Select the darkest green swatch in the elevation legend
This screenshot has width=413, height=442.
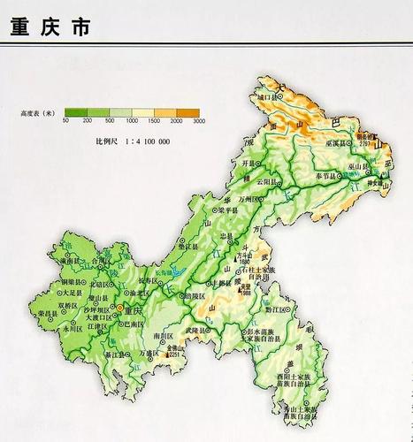[x=77, y=111]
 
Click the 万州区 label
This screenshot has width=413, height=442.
[x=268, y=202]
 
